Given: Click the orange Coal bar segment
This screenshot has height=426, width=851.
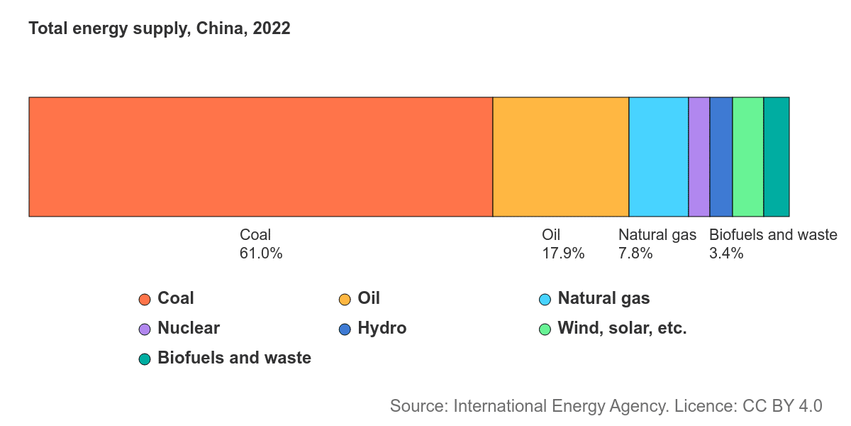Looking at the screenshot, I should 260,157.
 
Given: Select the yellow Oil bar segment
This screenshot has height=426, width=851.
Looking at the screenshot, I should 560,157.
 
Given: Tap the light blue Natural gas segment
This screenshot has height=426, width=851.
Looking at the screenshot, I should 658,157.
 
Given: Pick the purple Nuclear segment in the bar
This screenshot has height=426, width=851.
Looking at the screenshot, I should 699,157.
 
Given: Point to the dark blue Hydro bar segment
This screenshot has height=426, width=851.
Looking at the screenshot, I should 721,157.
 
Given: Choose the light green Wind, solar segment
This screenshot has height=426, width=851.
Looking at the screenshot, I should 747,157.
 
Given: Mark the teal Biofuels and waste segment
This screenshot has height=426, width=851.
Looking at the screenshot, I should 776,157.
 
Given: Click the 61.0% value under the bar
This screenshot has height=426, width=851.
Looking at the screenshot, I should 261,253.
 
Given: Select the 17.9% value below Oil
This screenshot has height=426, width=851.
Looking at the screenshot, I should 563,253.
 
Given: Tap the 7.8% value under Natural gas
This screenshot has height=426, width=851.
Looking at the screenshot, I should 635,253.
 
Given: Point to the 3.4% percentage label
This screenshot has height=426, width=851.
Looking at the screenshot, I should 726,253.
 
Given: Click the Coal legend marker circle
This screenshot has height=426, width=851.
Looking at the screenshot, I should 145,299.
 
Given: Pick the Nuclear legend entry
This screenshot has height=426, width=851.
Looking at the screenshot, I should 189,328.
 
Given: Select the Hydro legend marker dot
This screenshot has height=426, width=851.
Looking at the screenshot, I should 345,329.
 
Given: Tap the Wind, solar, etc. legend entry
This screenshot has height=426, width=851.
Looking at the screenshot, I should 622,328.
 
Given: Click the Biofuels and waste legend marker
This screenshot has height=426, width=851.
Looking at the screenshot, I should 145,359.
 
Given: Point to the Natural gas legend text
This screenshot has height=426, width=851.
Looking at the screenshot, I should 604,298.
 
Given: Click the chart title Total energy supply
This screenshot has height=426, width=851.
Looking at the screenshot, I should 160,29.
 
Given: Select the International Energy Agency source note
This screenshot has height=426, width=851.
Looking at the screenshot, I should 606,406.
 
